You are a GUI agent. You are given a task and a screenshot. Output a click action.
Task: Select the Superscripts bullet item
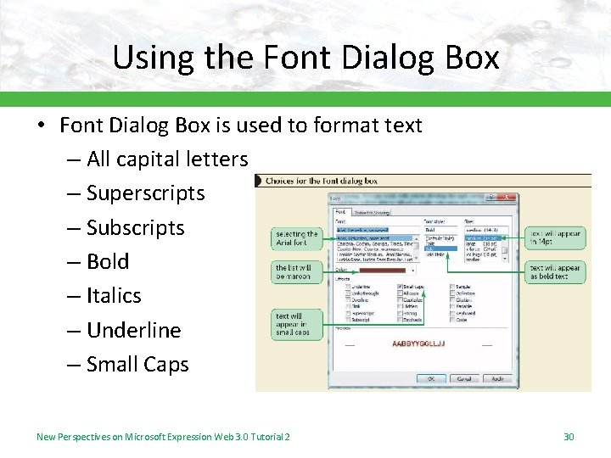(x=145, y=193)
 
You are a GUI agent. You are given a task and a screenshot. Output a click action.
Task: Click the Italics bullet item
(x=114, y=296)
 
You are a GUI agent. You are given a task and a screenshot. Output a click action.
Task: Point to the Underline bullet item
(x=134, y=330)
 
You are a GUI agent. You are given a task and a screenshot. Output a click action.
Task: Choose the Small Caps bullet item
(x=137, y=365)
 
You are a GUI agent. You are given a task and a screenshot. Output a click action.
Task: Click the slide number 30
(x=569, y=436)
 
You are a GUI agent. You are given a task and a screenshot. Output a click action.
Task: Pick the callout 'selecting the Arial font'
(x=296, y=238)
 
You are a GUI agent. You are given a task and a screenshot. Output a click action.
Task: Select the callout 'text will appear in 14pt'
(x=555, y=237)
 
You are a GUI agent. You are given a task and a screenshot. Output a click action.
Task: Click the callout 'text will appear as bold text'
(x=555, y=271)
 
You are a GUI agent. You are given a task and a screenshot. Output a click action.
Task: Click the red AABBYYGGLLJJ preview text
(x=418, y=343)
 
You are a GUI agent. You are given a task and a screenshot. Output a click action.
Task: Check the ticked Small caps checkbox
(x=400, y=288)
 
